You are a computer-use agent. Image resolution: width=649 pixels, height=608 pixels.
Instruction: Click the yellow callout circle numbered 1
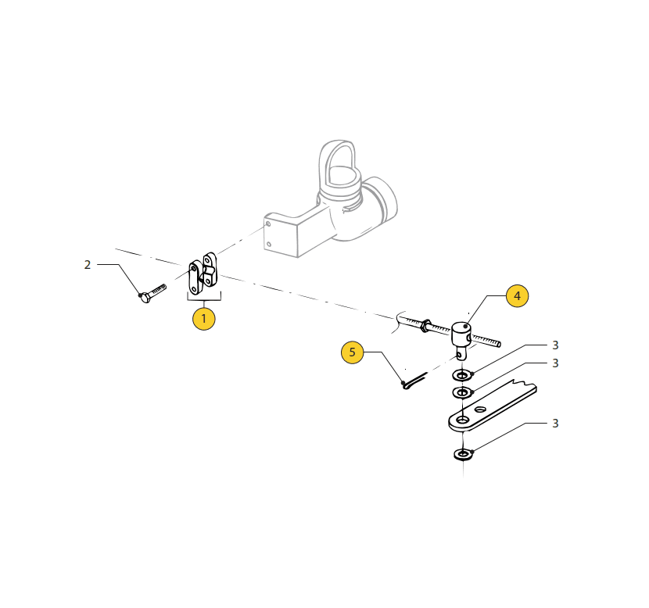click(x=203, y=319)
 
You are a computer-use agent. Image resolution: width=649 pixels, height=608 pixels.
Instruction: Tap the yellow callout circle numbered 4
click(x=517, y=295)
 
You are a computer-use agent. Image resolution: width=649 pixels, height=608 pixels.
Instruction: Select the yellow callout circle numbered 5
click(x=352, y=352)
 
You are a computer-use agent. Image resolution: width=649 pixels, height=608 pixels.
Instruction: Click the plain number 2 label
click(x=88, y=265)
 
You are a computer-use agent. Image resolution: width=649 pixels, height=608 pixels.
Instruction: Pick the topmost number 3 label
click(x=555, y=345)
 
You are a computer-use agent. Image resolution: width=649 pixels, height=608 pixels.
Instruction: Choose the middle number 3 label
click(x=555, y=363)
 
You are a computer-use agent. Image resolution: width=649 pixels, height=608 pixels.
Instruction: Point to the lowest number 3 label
click(x=555, y=423)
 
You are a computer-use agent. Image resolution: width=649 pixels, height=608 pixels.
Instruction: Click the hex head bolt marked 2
click(x=152, y=293)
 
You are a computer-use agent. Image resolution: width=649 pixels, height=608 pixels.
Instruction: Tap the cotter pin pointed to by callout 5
click(x=414, y=381)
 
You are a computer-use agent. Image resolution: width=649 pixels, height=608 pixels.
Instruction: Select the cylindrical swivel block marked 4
click(x=461, y=335)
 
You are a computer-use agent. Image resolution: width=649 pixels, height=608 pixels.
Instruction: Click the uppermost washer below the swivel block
click(x=462, y=375)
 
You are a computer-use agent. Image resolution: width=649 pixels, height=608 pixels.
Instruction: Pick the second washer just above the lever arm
click(x=462, y=392)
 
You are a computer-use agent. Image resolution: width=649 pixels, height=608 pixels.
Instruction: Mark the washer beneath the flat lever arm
click(x=463, y=455)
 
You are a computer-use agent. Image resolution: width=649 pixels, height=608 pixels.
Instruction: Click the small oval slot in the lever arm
click(x=480, y=410)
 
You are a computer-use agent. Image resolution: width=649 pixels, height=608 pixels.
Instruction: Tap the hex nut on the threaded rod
click(x=425, y=325)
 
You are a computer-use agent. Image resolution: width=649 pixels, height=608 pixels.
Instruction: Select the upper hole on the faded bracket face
click(x=268, y=224)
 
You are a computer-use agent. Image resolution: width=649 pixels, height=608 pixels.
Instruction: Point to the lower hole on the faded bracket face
click(x=269, y=244)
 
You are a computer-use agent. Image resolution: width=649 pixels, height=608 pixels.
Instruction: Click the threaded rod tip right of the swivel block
click(x=498, y=344)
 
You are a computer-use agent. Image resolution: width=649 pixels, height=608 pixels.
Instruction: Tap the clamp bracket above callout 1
click(x=203, y=274)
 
